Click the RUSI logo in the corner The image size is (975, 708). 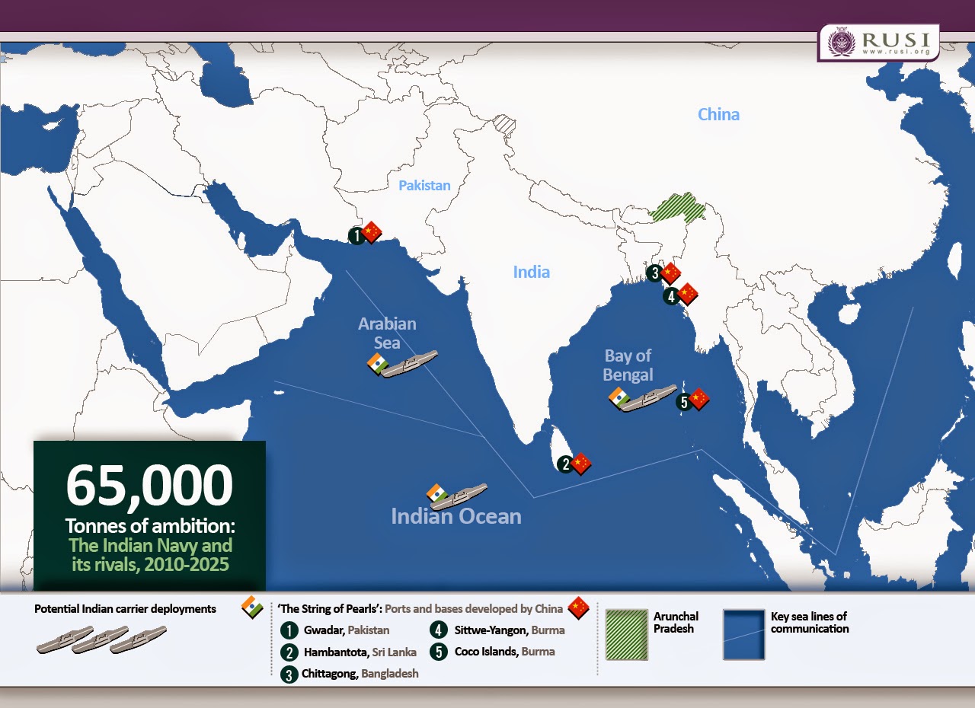[877, 43]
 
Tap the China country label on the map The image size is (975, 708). [718, 114]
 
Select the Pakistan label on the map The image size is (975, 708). [424, 185]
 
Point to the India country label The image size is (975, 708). [531, 272]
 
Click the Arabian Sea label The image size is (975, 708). [387, 333]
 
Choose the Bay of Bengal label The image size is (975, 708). [628, 365]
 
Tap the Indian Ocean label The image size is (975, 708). [456, 516]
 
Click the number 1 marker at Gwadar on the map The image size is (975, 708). [356, 235]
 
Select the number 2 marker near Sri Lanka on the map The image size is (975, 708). [564, 464]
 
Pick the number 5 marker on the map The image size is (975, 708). [684, 403]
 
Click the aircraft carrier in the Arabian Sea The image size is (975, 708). [409, 363]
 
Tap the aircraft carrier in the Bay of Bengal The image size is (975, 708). [647, 398]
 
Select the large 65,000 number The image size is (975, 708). [149, 486]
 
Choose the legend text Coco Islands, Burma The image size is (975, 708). [504, 652]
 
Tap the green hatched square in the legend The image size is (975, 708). [625, 634]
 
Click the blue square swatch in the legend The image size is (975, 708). [743, 634]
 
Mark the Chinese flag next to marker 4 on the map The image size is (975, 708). [688, 293]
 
